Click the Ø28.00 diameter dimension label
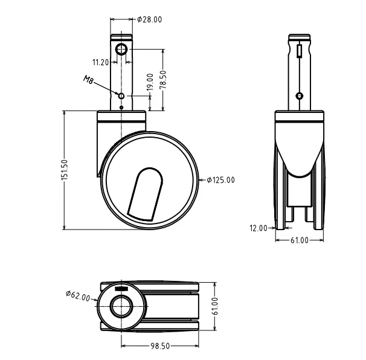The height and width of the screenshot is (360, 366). [x=150, y=19]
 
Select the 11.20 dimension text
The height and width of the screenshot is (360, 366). [x=101, y=62]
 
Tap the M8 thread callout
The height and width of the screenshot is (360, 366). [x=88, y=81]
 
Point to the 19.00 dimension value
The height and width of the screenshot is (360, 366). [x=150, y=83]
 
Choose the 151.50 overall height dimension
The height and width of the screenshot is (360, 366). [x=65, y=170]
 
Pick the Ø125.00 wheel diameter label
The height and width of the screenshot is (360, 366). [x=220, y=180]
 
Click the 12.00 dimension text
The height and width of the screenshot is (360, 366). [x=258, y=228]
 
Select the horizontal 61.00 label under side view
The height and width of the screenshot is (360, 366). [x=300, y=240]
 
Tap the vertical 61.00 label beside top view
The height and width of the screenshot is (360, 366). [x=216, y=306]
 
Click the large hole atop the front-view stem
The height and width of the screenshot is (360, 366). [x=121, y=49]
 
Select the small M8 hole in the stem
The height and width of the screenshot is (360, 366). [x=121, y=96]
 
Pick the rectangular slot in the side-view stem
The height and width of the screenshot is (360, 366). [x=300, y=50]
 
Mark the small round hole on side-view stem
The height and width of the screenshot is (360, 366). [x=300, y=95]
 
